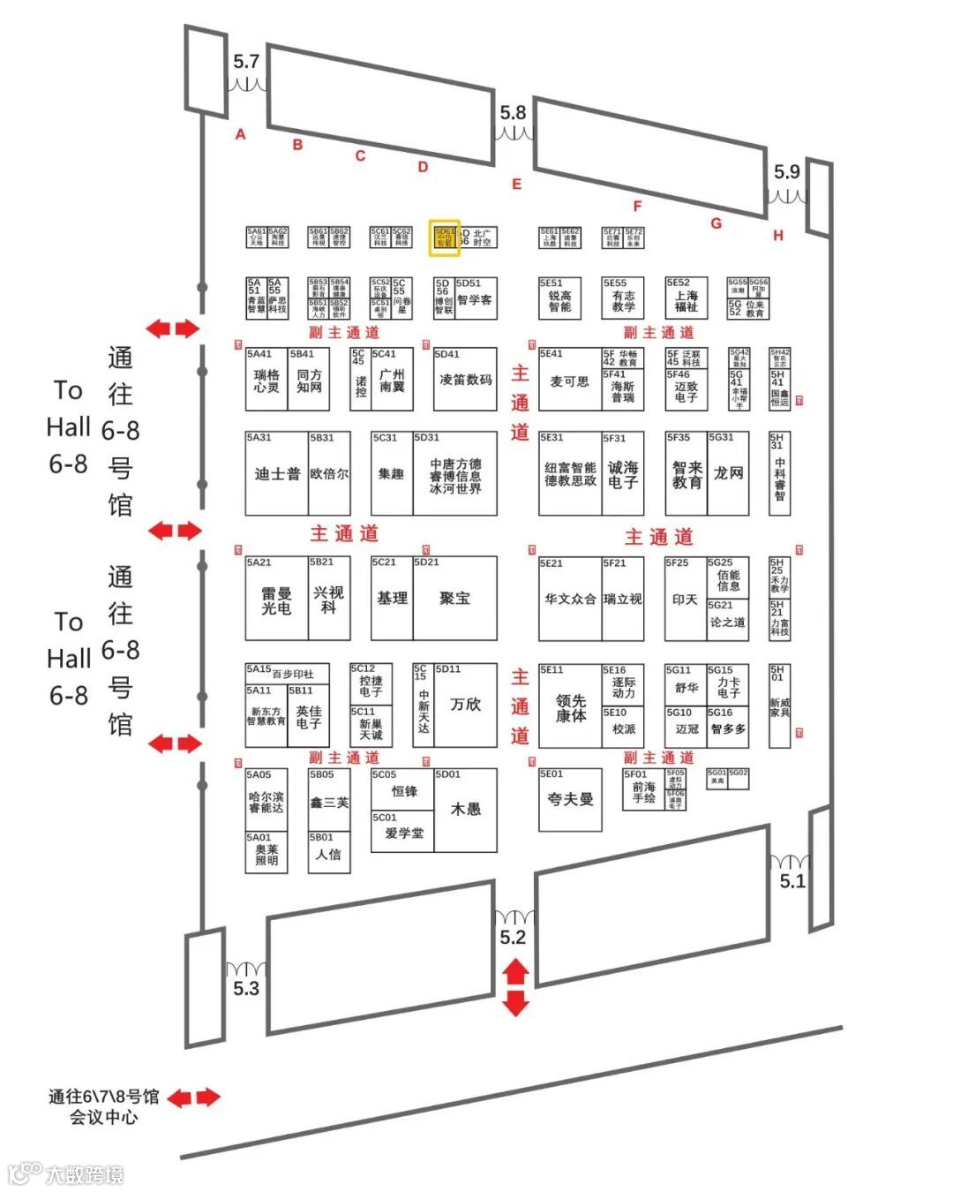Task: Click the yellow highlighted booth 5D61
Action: pos(445,238)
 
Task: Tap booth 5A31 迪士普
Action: pos(276,473)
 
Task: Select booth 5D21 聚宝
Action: pos(454,598)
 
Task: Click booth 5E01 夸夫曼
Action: pos(570,799)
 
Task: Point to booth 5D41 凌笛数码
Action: pos(465,379)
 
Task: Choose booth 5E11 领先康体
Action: pos(570,707)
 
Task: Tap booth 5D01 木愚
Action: pos(465,808)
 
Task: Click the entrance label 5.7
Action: pos(246,62)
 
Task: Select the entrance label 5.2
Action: pos(513,938)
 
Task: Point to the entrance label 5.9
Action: pos(786,171)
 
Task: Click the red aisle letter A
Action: pos(240,134)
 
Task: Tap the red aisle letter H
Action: pos(777,236)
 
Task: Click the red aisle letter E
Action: pos(516,185)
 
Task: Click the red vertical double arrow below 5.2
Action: pos(515,988)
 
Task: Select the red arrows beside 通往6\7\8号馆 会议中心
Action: pos(193,1098)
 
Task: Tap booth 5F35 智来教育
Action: pos(686,475)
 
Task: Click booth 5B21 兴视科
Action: pos(328,599)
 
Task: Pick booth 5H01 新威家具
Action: pos(779,706)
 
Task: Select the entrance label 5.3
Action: pos(246,988)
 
